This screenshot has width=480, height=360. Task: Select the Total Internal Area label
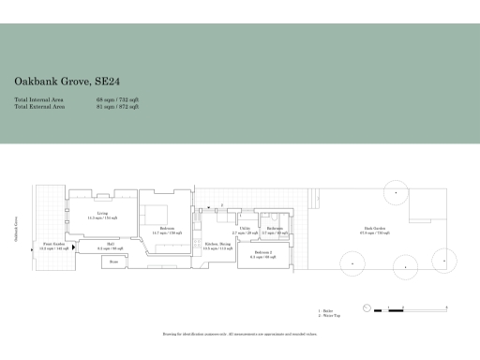pyautogui.click(x=40, y=98)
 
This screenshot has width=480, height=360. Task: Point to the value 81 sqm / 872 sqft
pyautogui.click(x=117, y=107)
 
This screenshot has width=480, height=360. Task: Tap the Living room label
pyautogui.click(x=102, y=215)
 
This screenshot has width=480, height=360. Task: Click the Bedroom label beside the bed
pyautogui.click(x=167, y=230)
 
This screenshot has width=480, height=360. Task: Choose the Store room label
pyautogui.click(x=113, y=262)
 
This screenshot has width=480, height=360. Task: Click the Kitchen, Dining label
pyautogui.click(x=218, y=247)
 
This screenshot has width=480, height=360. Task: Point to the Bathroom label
pyautogui.click(x=276, y=230)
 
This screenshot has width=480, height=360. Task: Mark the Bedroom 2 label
pyautogui.click(x=262, y=253)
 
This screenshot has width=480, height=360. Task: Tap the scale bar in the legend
pyautogui.click(x=384, y=309)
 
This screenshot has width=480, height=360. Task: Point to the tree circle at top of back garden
pyautogui.click(x=396, y=193)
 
